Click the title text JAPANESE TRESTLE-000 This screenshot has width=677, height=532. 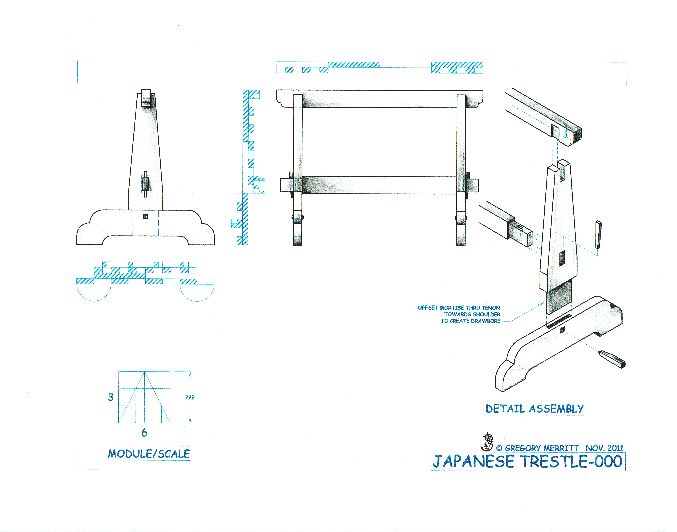click(527, 462)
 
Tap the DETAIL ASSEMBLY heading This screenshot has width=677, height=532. click(534, 408)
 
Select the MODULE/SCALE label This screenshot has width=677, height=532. click(149, 454)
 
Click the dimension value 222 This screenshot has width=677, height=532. click(190, 397)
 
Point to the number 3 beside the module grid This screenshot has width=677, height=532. click(111, 397)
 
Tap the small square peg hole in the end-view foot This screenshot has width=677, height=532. click(145, 217)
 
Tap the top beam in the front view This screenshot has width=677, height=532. click(379, 99)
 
